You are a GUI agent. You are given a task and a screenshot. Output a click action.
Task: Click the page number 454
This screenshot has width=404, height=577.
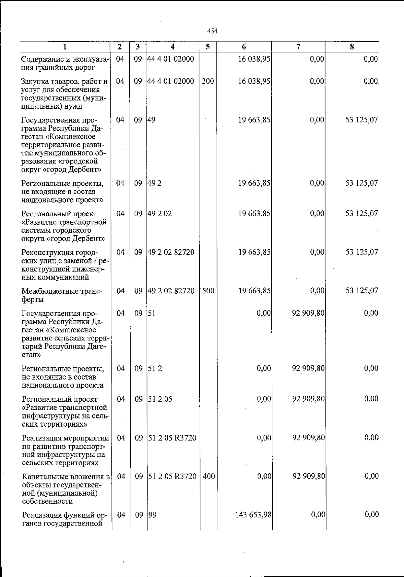(212, 31)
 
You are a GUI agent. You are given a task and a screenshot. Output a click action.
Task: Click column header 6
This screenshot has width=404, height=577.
(244, 47)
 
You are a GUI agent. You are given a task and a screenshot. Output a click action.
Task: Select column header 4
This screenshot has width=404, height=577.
(172, 47)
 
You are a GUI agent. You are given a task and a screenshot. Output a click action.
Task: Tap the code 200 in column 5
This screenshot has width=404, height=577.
(208, 81)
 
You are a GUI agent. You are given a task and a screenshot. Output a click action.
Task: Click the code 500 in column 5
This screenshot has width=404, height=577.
(208, 291)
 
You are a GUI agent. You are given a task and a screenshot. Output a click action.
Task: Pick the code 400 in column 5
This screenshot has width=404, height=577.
(209, 476)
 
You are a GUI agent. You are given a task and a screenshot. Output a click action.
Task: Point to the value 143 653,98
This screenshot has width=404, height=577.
(253, 514)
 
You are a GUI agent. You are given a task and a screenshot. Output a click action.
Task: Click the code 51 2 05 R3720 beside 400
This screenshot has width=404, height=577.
(172, 476)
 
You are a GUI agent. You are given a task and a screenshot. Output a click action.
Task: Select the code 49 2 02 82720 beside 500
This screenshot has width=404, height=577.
(171, 291)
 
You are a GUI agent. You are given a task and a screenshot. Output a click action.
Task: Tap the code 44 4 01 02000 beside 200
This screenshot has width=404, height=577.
(171, 81)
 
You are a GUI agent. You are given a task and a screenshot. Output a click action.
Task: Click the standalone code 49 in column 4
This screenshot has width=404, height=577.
(152, 120)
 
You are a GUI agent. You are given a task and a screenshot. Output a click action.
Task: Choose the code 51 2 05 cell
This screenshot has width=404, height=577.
(160, 399)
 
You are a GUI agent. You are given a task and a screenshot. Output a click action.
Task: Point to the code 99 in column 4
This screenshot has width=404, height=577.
(153, 514)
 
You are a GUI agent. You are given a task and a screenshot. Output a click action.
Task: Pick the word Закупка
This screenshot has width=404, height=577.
(35, 81)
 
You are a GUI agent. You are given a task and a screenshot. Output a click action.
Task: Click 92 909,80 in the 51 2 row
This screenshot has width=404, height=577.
(308, 368)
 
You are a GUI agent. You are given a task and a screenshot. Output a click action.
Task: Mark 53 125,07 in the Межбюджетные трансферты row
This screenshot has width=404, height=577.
(362, 291)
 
